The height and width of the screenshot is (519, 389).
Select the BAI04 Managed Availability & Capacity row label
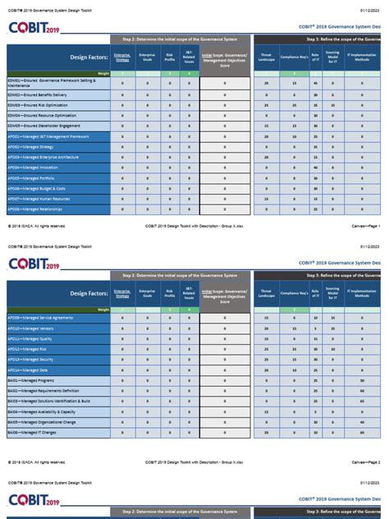tap(40, 411)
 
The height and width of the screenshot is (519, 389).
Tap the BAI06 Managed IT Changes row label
tap(32, 432)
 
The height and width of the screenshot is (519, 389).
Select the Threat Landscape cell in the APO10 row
tap(267, 328)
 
